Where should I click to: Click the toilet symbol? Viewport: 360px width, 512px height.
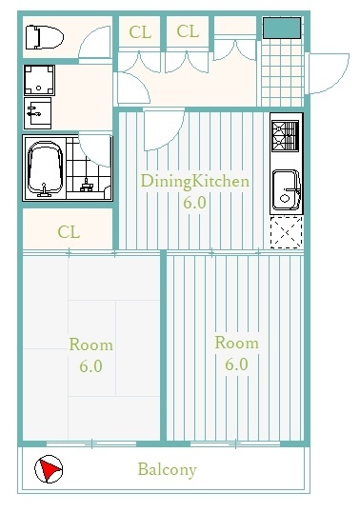[x=45, y=37]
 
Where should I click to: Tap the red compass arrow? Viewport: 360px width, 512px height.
[x=50, y=469]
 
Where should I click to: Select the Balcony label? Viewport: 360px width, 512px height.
[x=167, y=469]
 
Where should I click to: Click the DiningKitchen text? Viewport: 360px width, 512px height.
[x=194, y=182]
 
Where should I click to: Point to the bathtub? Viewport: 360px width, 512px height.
[x=45, y=167]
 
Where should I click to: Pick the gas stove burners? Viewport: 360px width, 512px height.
[x=285, y=136]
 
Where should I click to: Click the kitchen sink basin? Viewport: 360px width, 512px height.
[x=286, y=189]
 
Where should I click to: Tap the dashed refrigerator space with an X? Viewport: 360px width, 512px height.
[x=287, y=232]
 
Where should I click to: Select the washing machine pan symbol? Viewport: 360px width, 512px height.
[x=39, y=80]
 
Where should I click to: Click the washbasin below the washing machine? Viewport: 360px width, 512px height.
[x=37, y=113]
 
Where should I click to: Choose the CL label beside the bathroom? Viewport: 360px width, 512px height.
[x=69, y=232]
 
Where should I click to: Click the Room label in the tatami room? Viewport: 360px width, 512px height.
[x=91, y=345]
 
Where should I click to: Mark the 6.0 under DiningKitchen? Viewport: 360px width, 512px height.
[x=194, y=203]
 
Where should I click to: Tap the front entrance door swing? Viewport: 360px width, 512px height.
[x=329, y=73]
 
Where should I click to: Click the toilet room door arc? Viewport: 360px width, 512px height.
[x=94, y=42]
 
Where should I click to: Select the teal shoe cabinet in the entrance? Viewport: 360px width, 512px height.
[x=282, y=29]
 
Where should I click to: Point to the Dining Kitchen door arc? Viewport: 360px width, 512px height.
[x=164, y=130]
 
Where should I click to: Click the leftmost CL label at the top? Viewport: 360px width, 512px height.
[x=140, y=32]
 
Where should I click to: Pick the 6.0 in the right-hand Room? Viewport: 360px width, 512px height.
[x=236, y=364]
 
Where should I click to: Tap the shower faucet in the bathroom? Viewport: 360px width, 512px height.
[x=87, y=186]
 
